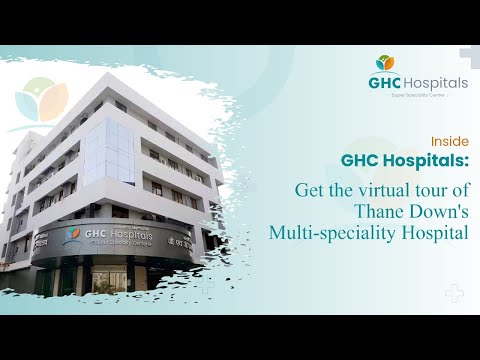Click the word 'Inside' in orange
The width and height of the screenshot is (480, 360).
click(452, 141)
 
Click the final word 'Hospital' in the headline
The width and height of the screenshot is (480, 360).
click(428, 233)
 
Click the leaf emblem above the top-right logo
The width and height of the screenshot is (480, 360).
click(384, 63)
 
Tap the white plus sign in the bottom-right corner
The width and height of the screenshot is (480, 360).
click(454, 294)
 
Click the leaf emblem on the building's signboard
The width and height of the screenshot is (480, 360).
click(72, 235)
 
